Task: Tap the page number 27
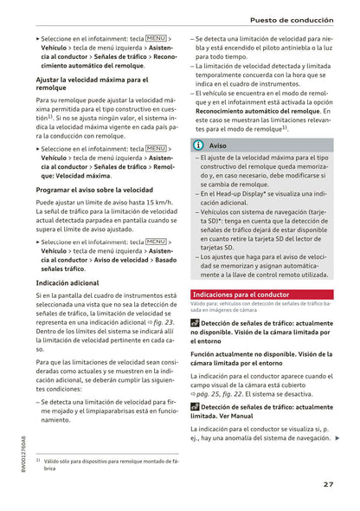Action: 329,484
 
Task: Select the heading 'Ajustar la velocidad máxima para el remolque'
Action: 92,83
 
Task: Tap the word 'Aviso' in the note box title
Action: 218,146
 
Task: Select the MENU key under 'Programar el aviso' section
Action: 157,242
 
